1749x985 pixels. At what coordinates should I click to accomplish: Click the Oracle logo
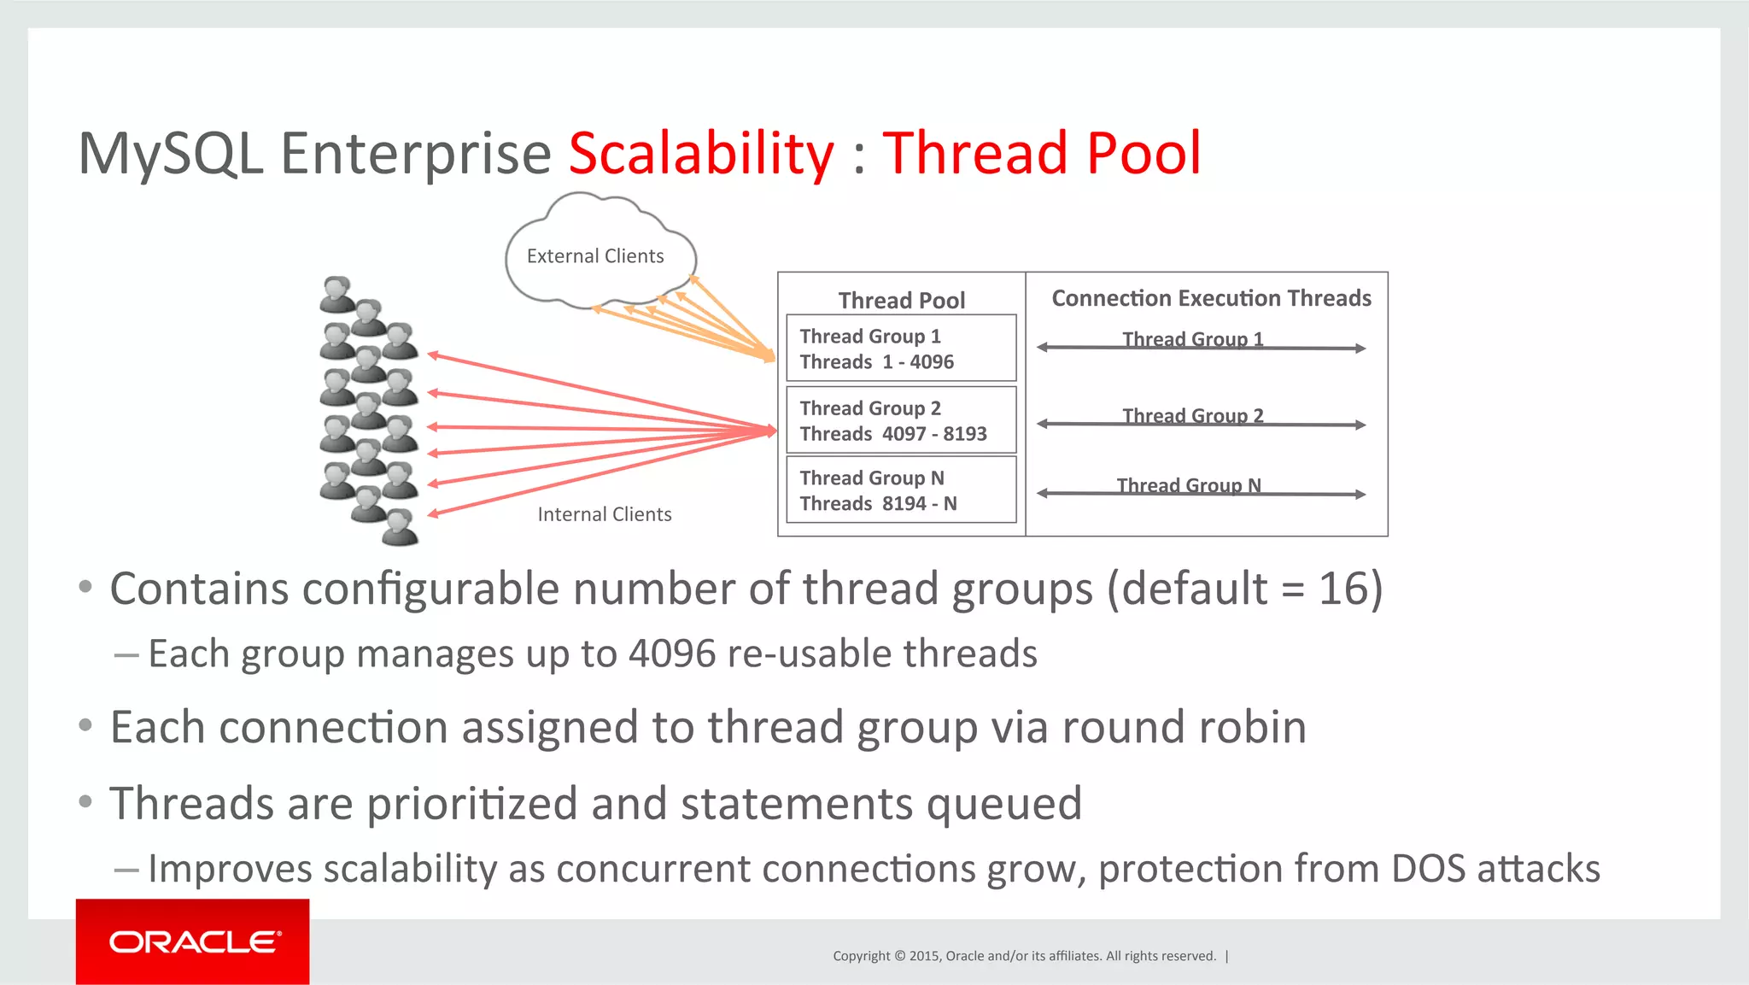pyautogui.click(x=193, y=941)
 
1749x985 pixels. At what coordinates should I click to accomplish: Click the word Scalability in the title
pyautogui.click(x=700, y=154)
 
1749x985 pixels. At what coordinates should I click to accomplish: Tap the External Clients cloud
pyautogui.click(x=595, y=256)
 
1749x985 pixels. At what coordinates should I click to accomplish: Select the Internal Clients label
pyautogui.click(x=604, y=514)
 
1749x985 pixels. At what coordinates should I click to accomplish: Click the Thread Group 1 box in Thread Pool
pyautogui.click(x=901, y=349)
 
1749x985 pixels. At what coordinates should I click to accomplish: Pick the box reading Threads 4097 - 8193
pyautogui.click(x=901, y=420)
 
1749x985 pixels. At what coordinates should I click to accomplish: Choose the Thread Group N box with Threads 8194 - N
pyautogui.click(x=901, y=490)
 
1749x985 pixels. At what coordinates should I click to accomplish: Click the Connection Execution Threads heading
pyautogui.click(x=1211, y=298)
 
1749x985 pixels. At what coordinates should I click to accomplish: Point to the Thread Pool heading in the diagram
pyautogui.click(x=901, y=300)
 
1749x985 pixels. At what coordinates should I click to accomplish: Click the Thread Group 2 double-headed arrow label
pyautogui.click(x=1192, y=416)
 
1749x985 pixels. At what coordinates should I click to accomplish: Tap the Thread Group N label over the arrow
pyautogui.click(x=1188, y=485)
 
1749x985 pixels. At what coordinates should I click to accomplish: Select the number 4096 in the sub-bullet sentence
pyautogui.click(x=672, y=654)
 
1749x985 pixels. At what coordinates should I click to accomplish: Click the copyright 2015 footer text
pyautogui.click(x=1024, y=956)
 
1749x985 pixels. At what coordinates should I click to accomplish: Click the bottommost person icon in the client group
pyautogui.click(x=400, y=527)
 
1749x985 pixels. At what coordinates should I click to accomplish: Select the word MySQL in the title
pyautogui.click(x=171, y=154)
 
